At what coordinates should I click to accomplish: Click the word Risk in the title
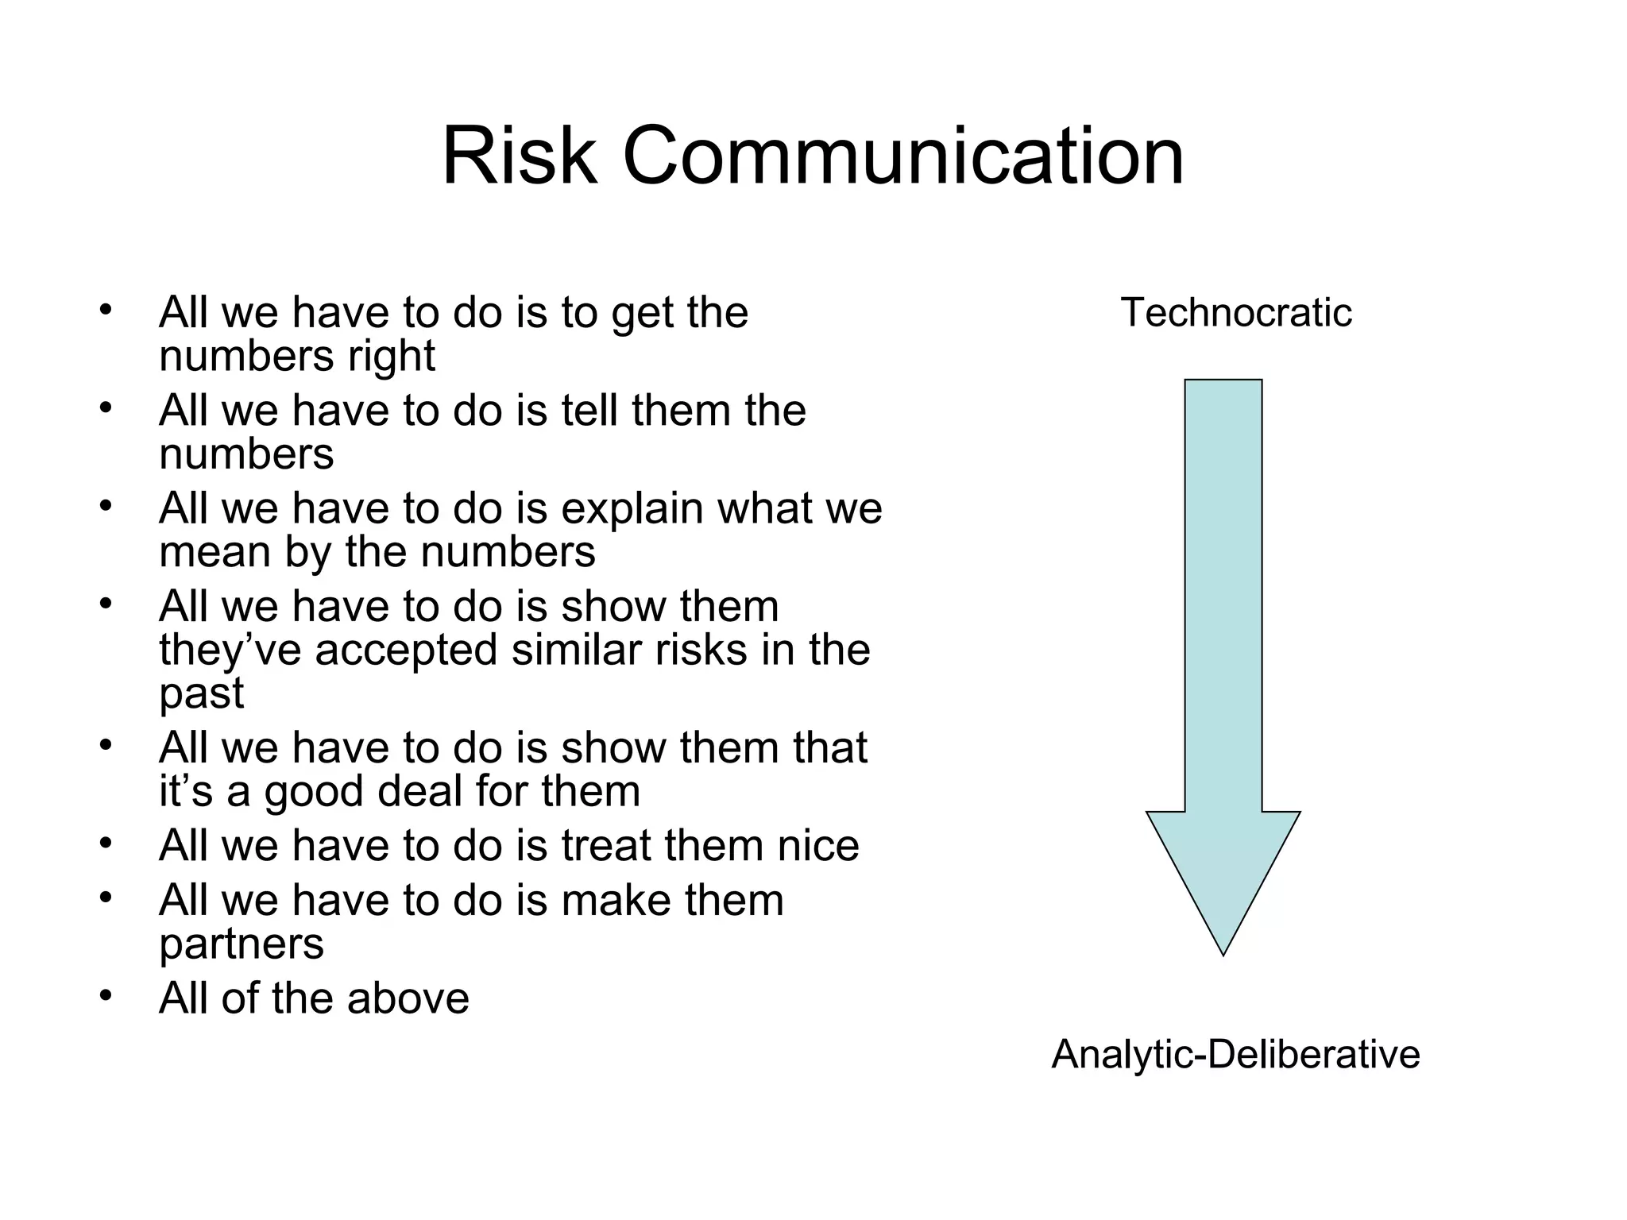519,156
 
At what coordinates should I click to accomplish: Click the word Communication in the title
902,156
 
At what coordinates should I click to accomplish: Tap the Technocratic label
1235,312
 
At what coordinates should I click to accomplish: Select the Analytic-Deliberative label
1235,1055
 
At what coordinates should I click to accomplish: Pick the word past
201,694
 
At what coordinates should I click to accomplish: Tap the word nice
817,845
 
